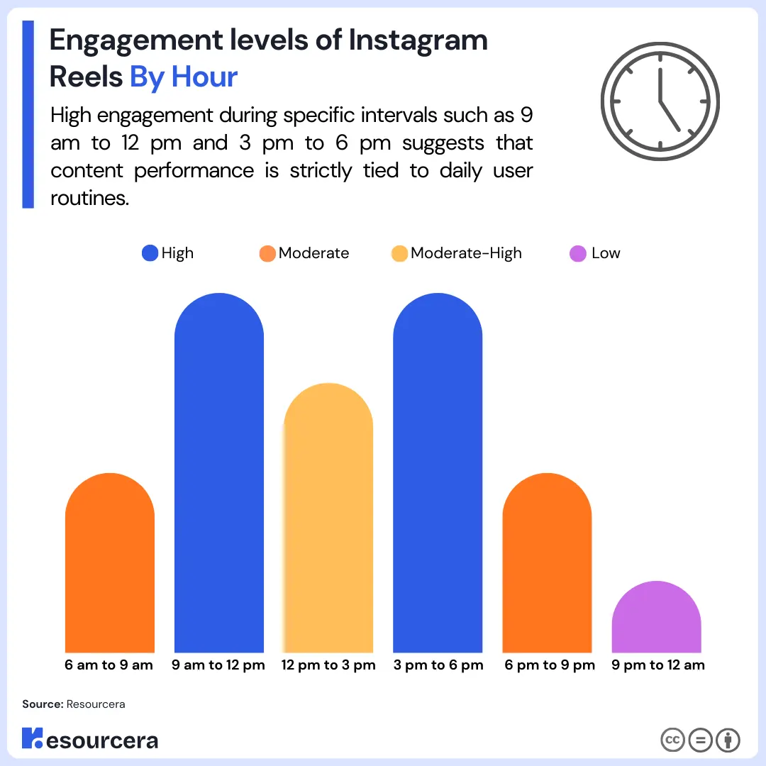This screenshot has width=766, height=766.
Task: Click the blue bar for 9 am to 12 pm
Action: (218, 475)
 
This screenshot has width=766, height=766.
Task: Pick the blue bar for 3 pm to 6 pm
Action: (438, 475)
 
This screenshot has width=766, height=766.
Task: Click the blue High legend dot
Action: (150, 253)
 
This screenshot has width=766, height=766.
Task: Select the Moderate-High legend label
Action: (466, 253)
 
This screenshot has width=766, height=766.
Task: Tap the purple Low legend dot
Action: (578, 253)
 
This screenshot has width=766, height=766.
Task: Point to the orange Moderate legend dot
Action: (267, 253)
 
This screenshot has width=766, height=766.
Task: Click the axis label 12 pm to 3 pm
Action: (328, 665)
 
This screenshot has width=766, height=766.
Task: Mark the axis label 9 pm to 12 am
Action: (657, 665)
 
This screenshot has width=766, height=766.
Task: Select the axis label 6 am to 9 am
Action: (109, 665)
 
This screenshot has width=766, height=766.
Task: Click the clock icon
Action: (660, 100)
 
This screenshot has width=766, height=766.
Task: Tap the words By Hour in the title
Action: (183, 77)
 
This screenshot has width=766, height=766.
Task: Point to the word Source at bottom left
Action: (42, 704)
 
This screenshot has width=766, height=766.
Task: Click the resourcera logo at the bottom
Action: (90, 740)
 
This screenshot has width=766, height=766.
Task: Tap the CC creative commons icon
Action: (672, 740)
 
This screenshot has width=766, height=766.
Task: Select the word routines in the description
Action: (89, 198)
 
